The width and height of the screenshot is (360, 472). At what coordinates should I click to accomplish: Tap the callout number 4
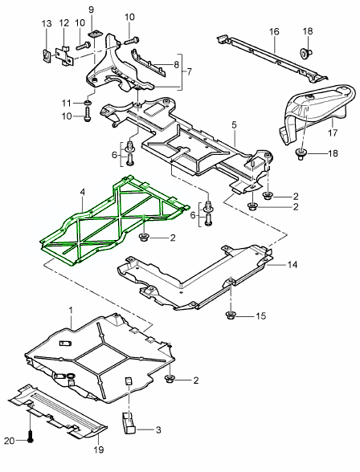click(82, 193)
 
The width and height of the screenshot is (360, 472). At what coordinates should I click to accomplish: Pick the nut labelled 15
click(231, 315)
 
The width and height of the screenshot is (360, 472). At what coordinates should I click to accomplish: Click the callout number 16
click(273, 32)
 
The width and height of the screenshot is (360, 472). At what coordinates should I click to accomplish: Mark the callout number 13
click(45, 25)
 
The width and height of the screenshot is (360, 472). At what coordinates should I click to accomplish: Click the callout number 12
click(63, 25)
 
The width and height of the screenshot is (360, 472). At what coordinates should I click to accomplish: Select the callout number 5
click(234, 126)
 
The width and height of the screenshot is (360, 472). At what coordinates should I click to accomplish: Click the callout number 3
click(158, 430)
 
